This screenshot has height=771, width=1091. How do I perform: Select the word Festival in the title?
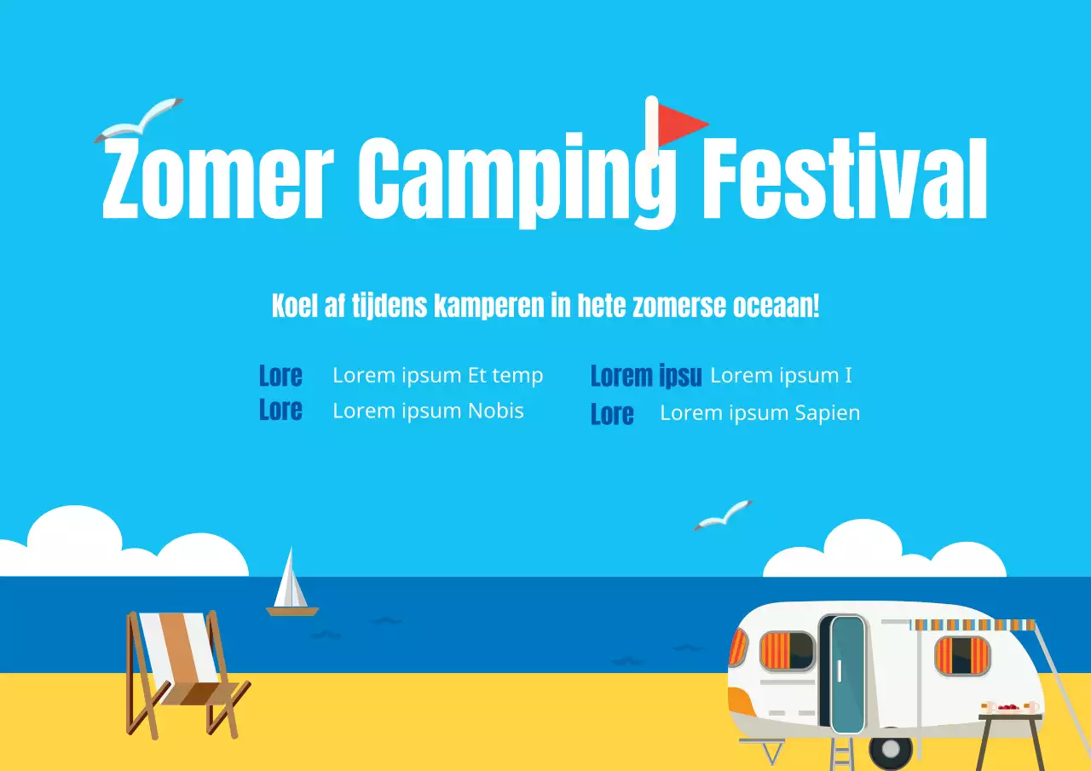tap(844, 179)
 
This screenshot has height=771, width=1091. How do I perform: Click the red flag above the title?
tap(682, 124)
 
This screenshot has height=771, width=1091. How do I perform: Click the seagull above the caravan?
tap(724, 514)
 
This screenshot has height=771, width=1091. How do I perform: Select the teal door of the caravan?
tap(847, 673)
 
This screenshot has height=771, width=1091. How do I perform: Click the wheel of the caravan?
tap(891, 750)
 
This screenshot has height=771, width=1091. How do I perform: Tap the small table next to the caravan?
tap(1011, 724)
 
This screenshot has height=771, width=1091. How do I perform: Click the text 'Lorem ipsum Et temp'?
tap(437, 376)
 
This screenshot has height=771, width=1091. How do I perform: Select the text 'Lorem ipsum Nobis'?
tap(428, 411)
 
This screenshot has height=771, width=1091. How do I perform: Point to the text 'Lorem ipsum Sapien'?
tap(759, 413)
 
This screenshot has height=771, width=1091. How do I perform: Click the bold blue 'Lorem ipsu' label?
tap(646, 376)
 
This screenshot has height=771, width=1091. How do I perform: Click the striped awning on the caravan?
tap(973, 625)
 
